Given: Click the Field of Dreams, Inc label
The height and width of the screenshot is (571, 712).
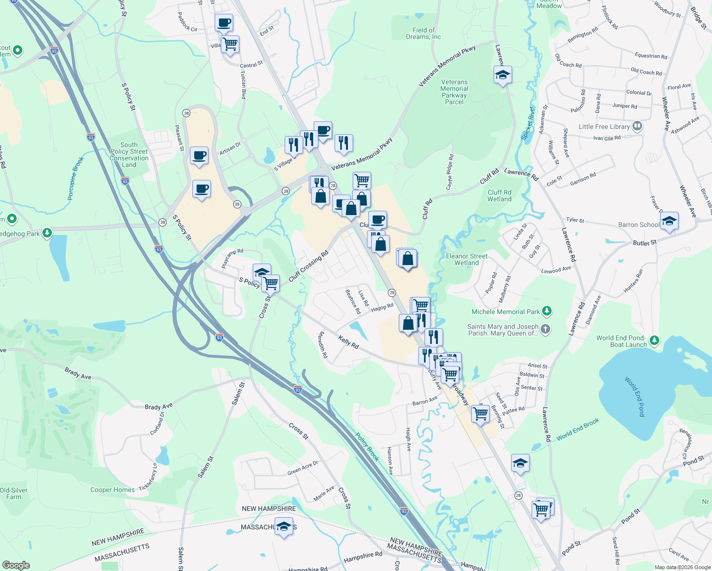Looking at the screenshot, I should click(423, 33).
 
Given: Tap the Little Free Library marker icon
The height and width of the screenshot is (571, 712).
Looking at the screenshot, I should click(637, 127).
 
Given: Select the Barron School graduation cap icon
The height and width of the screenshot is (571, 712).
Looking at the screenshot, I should click(669, 221).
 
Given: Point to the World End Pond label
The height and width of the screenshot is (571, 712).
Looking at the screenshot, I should click(635, 396).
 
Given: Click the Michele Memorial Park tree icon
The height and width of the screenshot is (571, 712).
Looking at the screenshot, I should click(547, 312).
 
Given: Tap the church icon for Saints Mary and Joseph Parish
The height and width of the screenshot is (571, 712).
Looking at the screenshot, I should click(545, 329).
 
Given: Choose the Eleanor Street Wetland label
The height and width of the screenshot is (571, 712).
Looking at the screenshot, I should click(466, 259).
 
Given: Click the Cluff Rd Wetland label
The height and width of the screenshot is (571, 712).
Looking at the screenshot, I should click(499, 196).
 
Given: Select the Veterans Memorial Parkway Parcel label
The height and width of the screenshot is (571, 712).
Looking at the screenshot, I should click(454, 92).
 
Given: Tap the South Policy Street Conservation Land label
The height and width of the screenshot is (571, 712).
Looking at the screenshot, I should click(129, 155).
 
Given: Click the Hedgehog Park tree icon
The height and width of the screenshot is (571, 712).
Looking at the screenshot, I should click(47, 233).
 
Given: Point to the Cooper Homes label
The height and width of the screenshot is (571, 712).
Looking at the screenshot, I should click(113, 490).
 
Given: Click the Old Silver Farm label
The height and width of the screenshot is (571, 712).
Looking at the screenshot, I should click(14, 493).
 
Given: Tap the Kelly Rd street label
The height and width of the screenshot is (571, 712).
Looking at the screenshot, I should click(348, 342).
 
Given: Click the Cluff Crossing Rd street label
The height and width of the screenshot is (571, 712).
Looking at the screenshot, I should click(308, 266).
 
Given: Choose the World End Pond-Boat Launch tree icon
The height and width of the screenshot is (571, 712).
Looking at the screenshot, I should click(654, 340).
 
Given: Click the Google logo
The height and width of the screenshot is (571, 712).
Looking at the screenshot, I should click(16, 565).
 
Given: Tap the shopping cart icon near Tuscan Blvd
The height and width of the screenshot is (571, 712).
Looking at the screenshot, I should click(230, 44).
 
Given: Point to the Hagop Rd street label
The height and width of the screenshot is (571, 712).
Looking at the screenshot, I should click(382, 307).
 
